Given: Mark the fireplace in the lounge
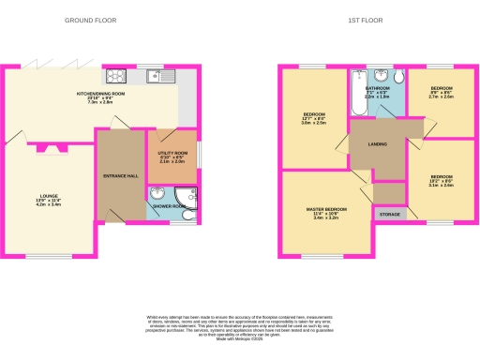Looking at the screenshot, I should pos(51,146).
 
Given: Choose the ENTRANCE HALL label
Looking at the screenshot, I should pos(121,174).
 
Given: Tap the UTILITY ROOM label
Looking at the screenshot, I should pos(173,152).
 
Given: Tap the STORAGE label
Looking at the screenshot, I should pos(389,215).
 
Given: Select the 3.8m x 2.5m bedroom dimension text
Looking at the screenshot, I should pos(313,123).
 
